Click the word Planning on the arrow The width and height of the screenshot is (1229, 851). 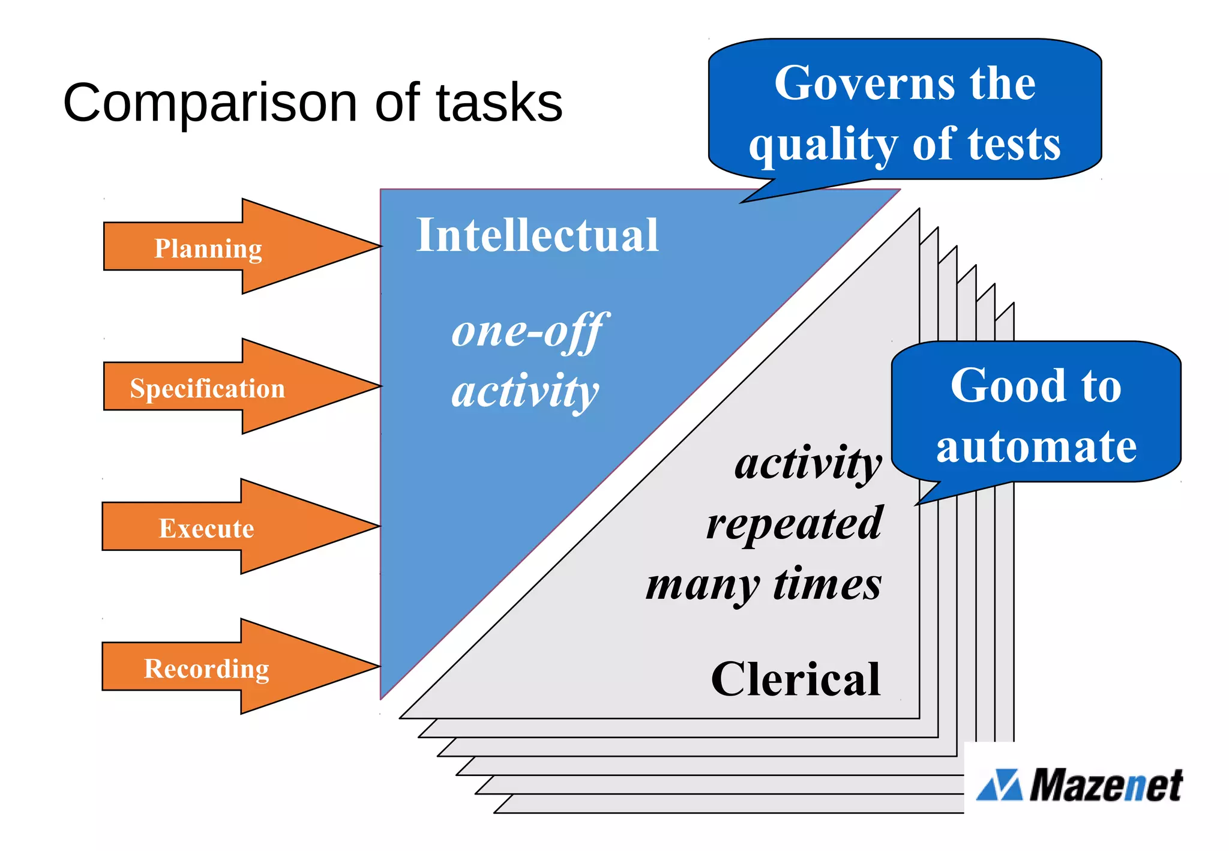pyautogui.click(x=208, y=248)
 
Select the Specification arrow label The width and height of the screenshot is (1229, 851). pyautogui.click(x=207, y=388)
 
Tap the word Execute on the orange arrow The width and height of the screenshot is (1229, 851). pyautogui.click(x=206, y=528)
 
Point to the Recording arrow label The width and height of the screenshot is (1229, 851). pyautogui.click(x=206, y=668)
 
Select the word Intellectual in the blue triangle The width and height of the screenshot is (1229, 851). pyautogui.click(x=537, y=235)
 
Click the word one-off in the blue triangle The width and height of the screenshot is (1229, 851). pyautogui.click(x=529, y=331)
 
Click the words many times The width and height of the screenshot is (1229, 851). pyautogui.click(x=763, y=584)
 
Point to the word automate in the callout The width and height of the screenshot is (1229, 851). pyautogui.click(x=1036, y=447)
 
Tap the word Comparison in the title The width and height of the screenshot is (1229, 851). pyautogui.click(x=210, y=103)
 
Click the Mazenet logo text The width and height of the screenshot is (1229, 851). pyautogui.click(x=1105, y=785)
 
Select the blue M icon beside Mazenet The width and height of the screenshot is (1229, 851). pyautogui.click(x=999, y=785)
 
